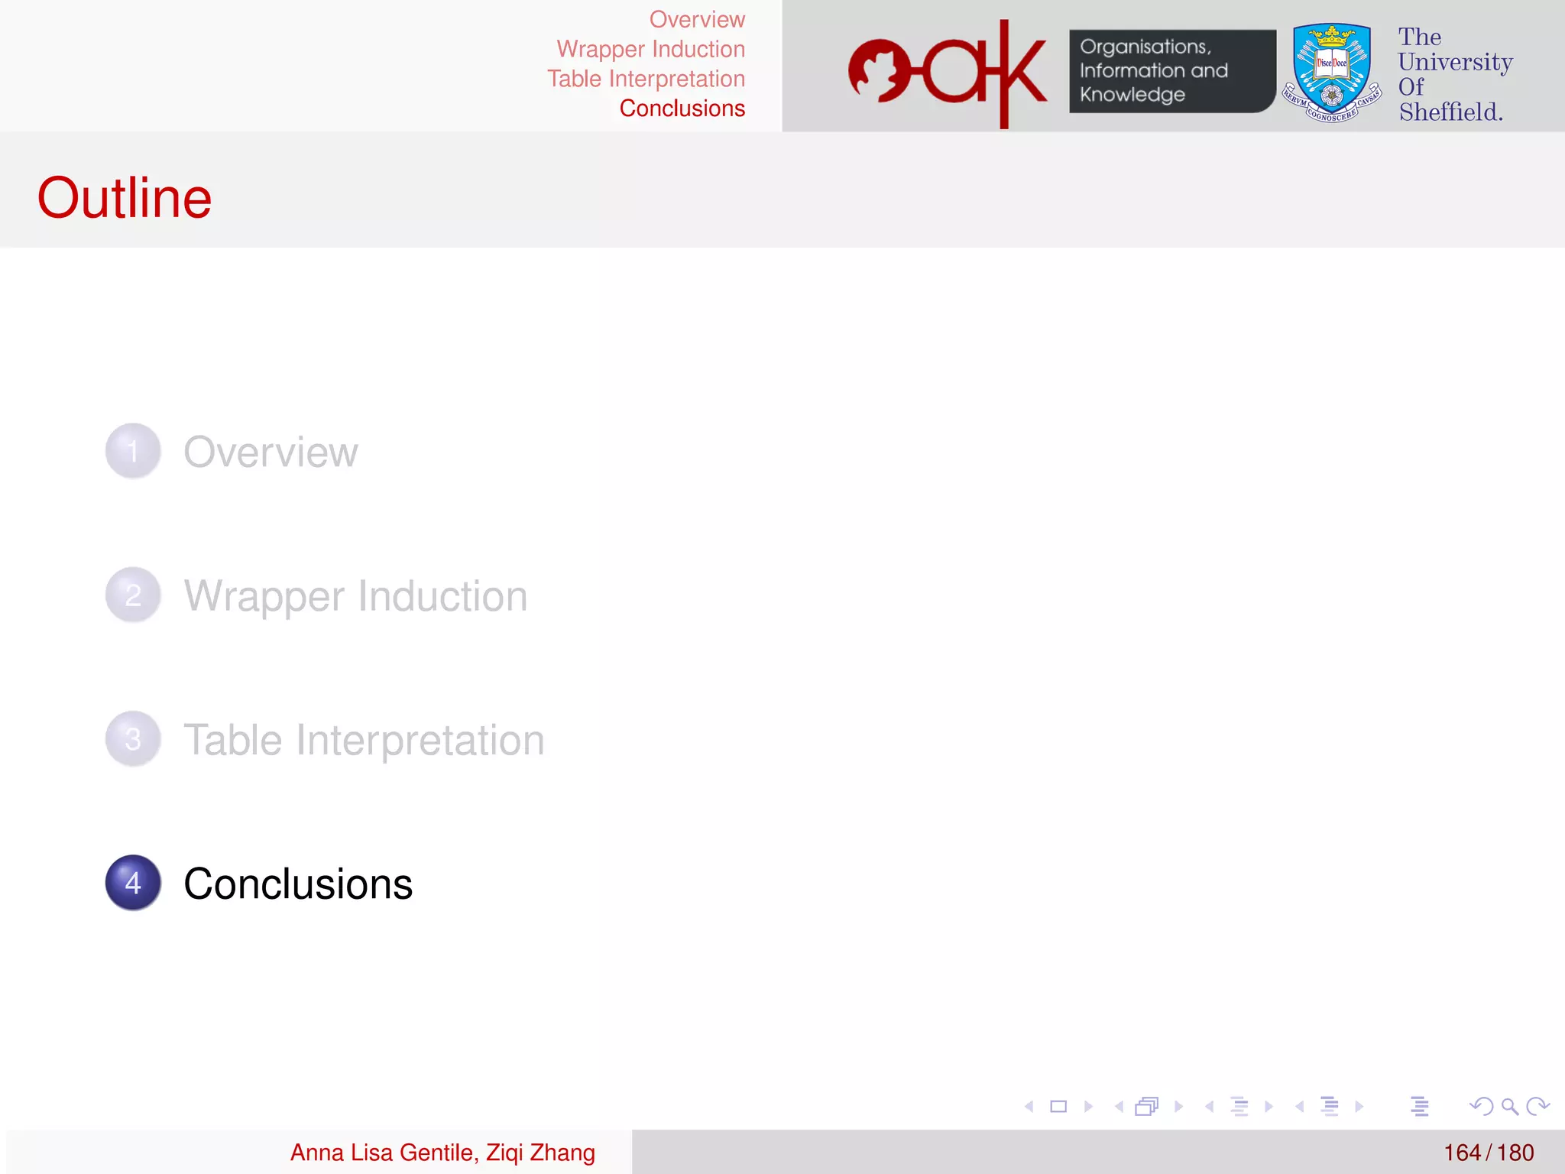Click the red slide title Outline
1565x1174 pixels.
click(x=125, y=197)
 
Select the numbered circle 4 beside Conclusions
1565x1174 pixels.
click(x=133, y=883)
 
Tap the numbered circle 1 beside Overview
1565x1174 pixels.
click(x=133, y=451)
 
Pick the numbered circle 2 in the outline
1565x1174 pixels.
click(x=133, y=595)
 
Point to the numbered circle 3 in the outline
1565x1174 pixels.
click(x=133, y=739)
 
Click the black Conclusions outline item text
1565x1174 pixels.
click(x=298, y=884)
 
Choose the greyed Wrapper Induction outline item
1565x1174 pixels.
click(x=355, y=596)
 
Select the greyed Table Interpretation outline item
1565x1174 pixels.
click(x=364, y=740)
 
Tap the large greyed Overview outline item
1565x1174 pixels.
click(x=271, y=452)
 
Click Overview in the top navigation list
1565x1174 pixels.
click(x=697, y=19)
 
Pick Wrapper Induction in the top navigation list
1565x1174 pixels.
click(x=650, y=49)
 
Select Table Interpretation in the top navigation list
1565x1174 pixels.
click(x=646, y=79)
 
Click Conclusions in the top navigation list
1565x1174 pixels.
click(x=682, y=109)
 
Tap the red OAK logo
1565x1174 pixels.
click(x=948, y=73)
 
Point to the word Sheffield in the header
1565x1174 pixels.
click(x=1450, y=112)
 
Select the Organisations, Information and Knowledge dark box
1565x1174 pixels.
click(x=1171, y=71)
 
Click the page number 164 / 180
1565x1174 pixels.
click(x=1488, y=1153)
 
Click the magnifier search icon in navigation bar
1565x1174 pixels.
click(x=1509, y=1106)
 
